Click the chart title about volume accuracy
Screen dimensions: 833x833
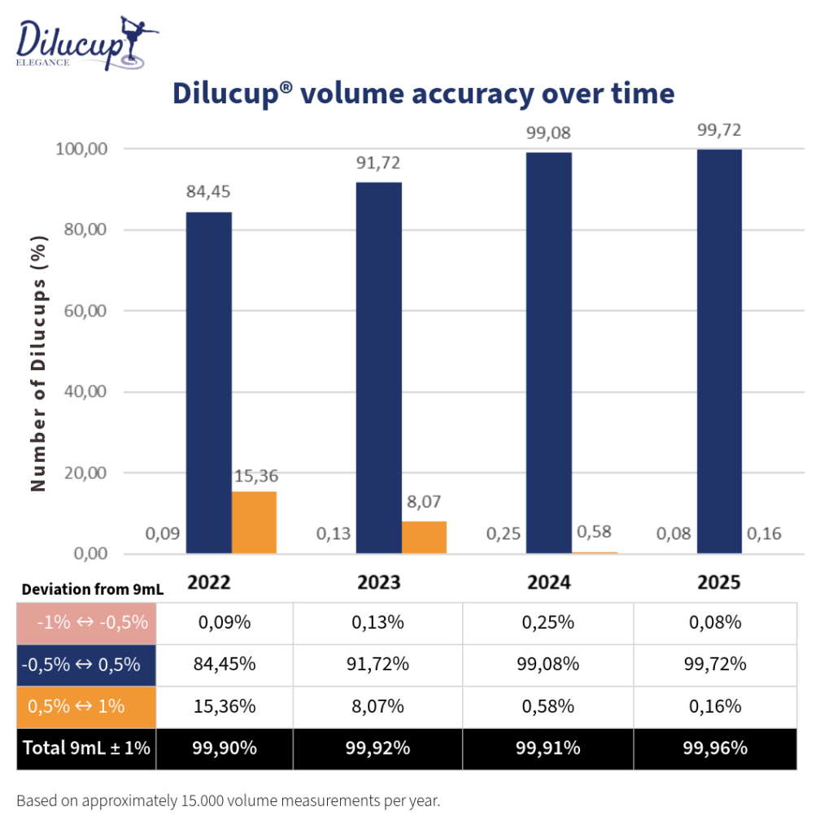[423, 93]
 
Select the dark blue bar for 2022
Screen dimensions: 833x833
[209, 382]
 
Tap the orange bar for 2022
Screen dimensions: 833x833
[254, 522]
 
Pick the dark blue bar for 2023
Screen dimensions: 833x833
[379, 368]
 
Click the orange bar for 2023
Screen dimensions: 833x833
[424, 537]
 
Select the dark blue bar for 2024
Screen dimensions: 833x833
[549, 353]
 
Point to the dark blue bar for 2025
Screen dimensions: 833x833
[719, 351]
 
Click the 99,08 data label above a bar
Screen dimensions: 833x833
[548, 133]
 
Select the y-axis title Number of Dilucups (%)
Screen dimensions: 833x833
[38, 363]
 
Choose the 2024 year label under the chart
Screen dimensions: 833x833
[548, 582]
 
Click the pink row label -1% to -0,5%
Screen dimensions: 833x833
[87, 623]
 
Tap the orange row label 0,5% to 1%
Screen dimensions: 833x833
[87, 706]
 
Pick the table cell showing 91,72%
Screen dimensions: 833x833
[377, 665]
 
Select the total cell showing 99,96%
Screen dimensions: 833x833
[715, 748]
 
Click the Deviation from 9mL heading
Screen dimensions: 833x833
[92, 590]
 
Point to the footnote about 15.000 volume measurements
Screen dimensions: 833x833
[228, 800]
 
